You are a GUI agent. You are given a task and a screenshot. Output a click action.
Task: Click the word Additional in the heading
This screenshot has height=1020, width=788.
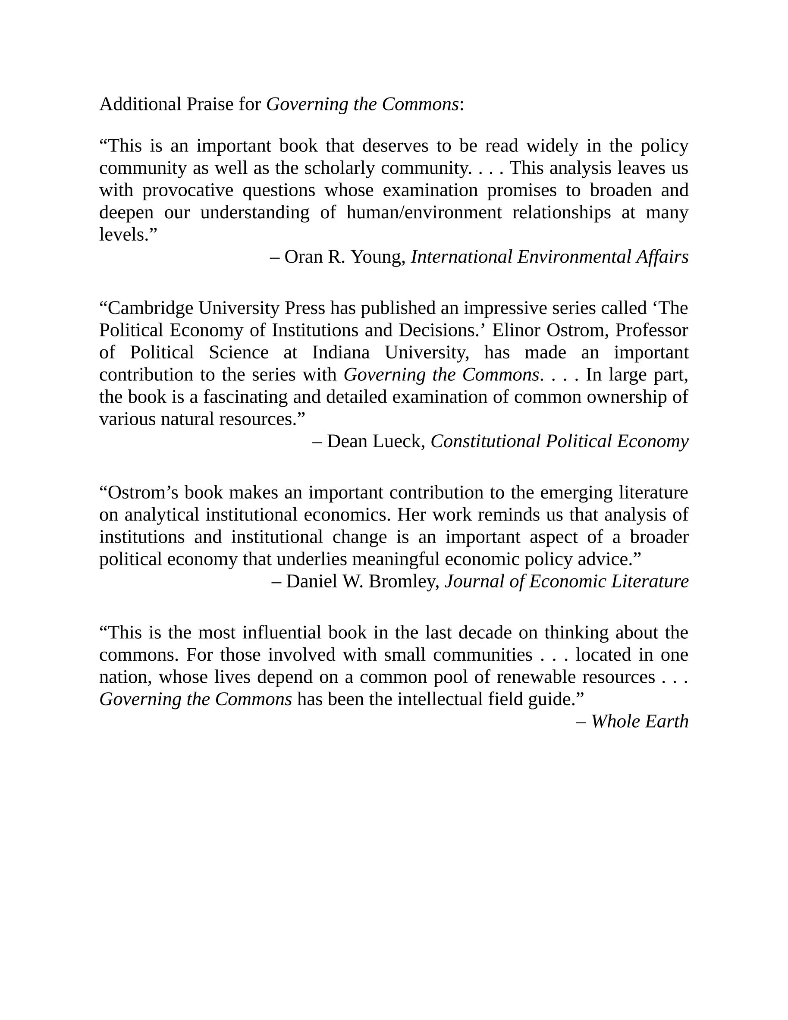click(x=140, y=104)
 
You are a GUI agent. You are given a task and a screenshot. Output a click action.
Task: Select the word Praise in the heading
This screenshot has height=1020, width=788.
click(x=210, y=104)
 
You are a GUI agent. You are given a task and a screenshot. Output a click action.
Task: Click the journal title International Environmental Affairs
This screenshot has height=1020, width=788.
click(x=549, y=257)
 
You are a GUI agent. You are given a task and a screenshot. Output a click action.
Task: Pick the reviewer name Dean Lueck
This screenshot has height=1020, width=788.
click(x=373, y=441)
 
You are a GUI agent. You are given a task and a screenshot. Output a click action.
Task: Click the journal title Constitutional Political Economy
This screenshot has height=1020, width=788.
click(x=559, y=441)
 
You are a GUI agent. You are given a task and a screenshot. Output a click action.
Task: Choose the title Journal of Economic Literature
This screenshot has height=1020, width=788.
click(x=567, y=581)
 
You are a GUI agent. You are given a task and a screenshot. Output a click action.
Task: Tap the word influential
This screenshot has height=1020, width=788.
click(x=282, y=633)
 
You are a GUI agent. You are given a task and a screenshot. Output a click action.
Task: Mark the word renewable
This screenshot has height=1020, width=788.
click(x=536, y=677)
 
